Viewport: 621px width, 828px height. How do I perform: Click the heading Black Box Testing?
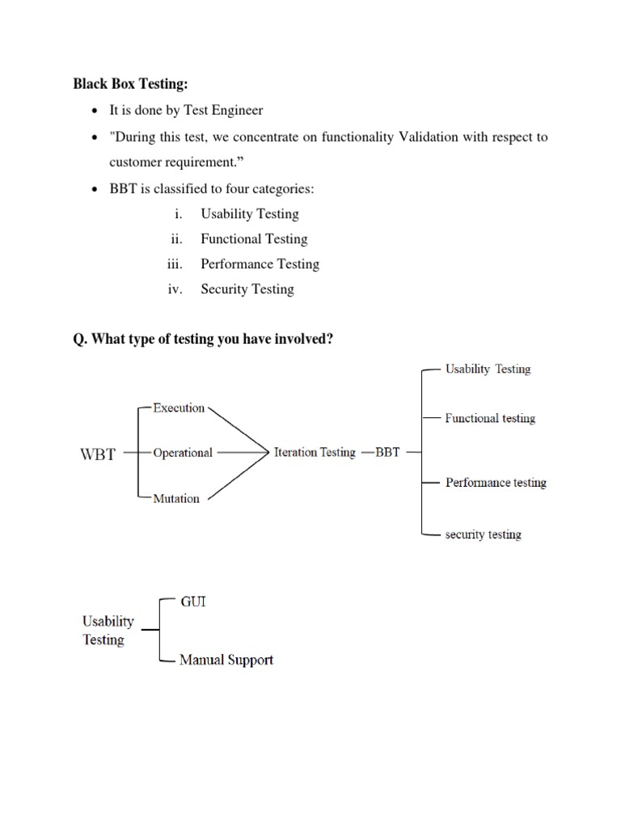(129, 83)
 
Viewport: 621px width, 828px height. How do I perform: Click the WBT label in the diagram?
(98, 454)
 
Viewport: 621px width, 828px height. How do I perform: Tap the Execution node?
(179, 408)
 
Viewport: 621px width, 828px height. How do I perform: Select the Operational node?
(183, 453)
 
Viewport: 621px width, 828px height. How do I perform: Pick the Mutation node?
(176, 498)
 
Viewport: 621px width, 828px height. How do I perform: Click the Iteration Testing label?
(315, 453)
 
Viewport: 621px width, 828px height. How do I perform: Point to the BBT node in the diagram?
(387, 453)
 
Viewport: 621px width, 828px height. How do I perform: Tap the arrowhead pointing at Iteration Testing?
(265, 453)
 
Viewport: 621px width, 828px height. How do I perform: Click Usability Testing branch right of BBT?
(488, 369)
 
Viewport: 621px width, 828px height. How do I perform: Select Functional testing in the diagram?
(490, 418)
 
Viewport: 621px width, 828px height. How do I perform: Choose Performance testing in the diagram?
(496, 483)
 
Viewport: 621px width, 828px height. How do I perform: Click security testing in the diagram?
(483, 534)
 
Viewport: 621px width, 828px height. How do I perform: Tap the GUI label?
(192, 602)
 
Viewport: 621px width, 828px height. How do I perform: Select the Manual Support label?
(226, 660)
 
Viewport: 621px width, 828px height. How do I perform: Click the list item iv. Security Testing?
(247, 289)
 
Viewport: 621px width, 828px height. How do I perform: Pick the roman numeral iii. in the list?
(175, 264)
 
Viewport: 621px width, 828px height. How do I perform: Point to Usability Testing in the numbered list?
(250, 213)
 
